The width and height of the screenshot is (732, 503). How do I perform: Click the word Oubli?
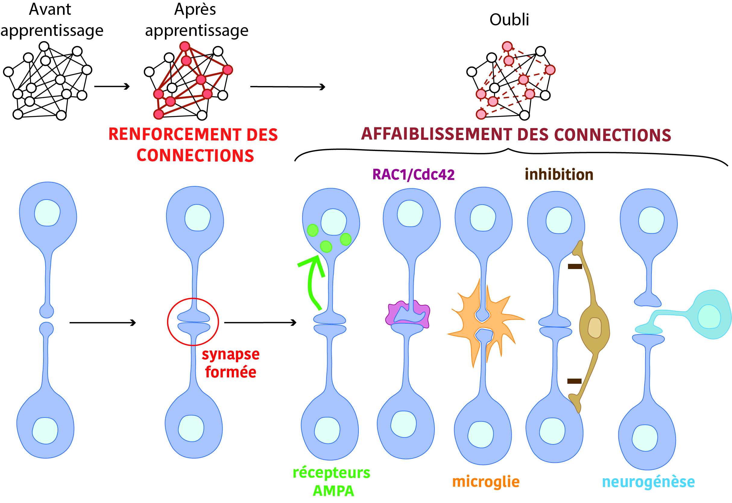[509, 20]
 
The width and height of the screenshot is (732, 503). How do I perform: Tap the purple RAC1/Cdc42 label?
[413, 175]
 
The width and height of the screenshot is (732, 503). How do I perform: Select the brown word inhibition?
[559, 175]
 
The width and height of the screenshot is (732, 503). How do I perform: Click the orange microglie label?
[486, 482]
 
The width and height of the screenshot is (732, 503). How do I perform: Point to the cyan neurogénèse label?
[648, 482]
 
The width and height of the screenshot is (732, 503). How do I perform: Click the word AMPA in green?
[333, 491]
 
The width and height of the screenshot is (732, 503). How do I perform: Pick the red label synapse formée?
[231, 363]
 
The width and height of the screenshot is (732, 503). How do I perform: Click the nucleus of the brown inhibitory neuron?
[594, 328]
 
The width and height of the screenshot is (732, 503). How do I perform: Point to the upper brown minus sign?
[575, 267]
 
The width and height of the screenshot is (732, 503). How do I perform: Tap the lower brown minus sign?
[574, 381]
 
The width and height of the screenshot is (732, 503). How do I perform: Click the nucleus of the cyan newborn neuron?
[709, 317]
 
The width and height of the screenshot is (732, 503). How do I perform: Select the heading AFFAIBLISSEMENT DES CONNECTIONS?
[516, 134]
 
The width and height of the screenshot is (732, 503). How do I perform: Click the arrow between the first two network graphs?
[112, 86]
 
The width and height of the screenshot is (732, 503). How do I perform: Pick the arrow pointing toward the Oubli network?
[287, 87]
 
